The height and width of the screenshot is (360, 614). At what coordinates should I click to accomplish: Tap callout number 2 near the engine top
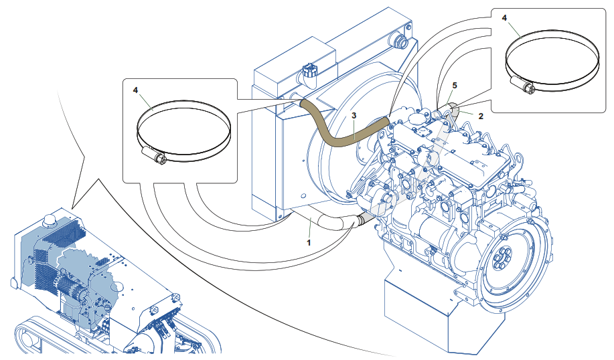pos(480,115)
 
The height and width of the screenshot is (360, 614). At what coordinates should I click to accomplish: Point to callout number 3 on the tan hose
pos(354,115)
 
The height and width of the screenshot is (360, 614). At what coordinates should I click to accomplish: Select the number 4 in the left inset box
pos(135,89)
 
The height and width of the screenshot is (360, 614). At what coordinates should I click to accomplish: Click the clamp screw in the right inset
pos(524,85)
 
